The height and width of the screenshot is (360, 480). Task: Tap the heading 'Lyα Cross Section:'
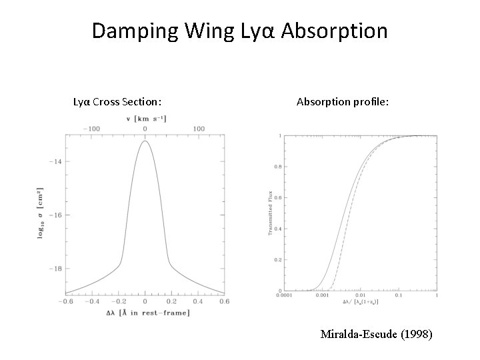click(117, 102)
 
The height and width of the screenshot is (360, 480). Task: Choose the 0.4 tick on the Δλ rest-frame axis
click(198, 301)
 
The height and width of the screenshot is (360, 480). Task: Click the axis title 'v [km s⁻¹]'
click(146, 119)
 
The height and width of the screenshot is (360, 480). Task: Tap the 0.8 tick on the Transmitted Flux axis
click(278, 167)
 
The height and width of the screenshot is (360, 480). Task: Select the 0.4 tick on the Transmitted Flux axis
click(278, 229)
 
